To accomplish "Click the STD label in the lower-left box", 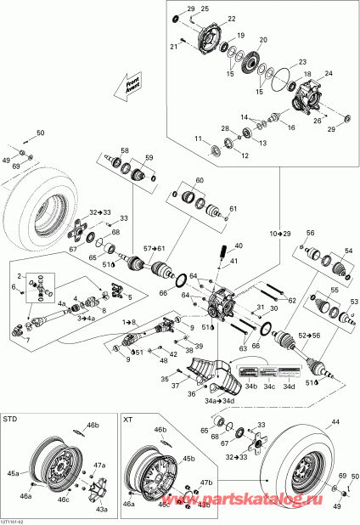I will pyautogui.click(x=12, y=420).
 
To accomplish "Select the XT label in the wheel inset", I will pyautogui.click(x=128, y=420).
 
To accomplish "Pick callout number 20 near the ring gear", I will pyautogui.click(x=262, y=41).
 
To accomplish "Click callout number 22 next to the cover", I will pyautogui.click(x=232, y=18).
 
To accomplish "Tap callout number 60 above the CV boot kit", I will pyautogui.click(x=200, y=181).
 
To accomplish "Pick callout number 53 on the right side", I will pyautogui.click(x=354, y=302).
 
